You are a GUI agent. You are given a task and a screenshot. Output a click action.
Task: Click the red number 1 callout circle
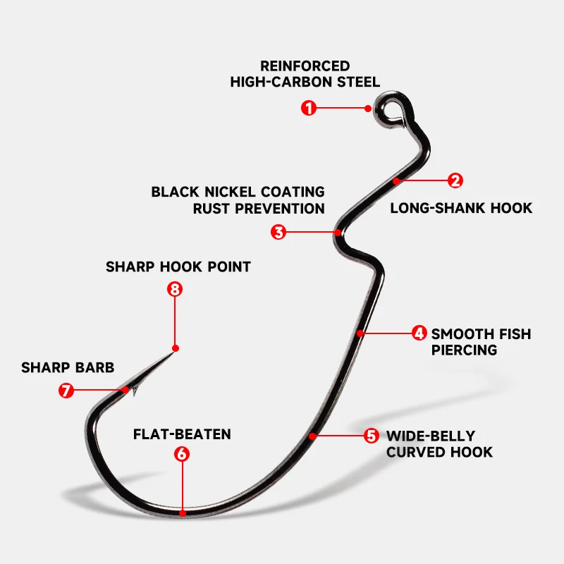(308, 108)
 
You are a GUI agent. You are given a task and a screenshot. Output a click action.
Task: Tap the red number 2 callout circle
(456, 180)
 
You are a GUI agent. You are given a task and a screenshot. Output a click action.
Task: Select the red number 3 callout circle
(279, 232)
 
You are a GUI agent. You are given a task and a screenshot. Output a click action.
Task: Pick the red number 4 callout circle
(419, 333)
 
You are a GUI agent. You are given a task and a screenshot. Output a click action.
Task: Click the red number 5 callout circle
(372, 436)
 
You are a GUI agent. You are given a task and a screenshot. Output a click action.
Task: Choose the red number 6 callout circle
(182, 454)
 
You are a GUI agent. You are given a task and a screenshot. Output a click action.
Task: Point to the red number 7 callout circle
(66, 390)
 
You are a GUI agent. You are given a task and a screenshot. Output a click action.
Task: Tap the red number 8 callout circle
(175, 289)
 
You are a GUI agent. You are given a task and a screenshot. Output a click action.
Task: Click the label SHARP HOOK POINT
(178, 267)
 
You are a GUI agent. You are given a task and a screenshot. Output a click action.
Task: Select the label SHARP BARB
(68, 368)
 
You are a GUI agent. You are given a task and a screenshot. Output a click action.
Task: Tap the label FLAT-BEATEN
(182, 434)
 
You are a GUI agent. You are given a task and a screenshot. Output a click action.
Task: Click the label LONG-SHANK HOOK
(461, 208)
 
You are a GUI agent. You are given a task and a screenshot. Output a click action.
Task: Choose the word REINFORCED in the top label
(305, 66)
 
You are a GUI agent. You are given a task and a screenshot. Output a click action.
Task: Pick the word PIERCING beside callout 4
(464, 350)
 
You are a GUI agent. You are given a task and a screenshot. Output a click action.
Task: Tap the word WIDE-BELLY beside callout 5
(431, 436)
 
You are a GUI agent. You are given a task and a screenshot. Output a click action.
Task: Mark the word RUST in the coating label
(210, 209)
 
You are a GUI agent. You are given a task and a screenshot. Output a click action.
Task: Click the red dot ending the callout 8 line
(175, 348)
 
